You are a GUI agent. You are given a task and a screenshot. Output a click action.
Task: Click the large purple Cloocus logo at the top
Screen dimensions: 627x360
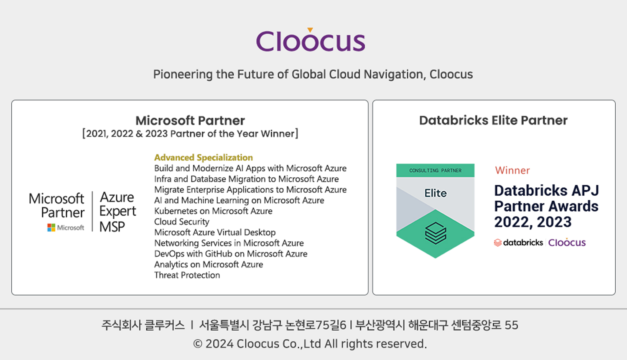[x=311, y=40]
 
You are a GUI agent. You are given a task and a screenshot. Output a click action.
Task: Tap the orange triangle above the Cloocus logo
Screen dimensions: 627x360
[x=310, y=30]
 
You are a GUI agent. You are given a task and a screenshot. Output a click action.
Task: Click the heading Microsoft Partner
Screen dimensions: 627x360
[x=190, y=121]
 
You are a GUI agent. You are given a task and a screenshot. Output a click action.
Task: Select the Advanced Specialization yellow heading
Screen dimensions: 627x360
[x=204, y=158]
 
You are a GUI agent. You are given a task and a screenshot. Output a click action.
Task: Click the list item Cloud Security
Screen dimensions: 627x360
[x=182, y=222]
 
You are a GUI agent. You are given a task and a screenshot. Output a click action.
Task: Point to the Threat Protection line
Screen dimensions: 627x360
[x=187, y=275]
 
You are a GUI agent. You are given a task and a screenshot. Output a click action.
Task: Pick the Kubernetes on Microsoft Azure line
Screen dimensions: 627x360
[x=213, y=211]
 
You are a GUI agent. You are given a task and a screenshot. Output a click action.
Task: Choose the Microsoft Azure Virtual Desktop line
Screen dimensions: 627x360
[x=215, y=232]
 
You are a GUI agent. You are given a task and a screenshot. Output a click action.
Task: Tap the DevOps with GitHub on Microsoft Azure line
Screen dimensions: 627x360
[x=231, y=254]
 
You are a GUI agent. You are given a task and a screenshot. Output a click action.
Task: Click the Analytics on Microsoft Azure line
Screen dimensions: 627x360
[x=209, y=265]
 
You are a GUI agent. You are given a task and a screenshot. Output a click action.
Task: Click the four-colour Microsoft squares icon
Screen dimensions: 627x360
[x=51, y=227]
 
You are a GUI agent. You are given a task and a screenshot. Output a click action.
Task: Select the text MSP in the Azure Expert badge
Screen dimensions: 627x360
[x=112, y=227]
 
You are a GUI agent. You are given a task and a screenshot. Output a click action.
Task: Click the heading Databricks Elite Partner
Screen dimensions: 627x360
[x=493, y=120]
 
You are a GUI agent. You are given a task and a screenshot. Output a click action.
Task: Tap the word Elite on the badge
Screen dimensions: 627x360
[x=436, y=193]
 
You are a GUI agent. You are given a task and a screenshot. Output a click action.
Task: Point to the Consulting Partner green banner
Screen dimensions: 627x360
[x=435, y=171]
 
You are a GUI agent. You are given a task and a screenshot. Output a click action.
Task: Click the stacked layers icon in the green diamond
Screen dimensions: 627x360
[x=436, y=233]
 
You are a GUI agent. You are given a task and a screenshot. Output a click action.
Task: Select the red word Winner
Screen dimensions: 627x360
[x=512, y=170]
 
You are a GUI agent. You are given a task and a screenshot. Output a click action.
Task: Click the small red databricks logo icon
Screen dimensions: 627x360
[x=498, y=243]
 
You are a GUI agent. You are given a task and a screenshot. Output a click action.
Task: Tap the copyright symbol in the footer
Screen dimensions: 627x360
[x=198, y=344]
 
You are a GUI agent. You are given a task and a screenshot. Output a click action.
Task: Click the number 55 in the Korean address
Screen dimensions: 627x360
[x=511, y=325]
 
